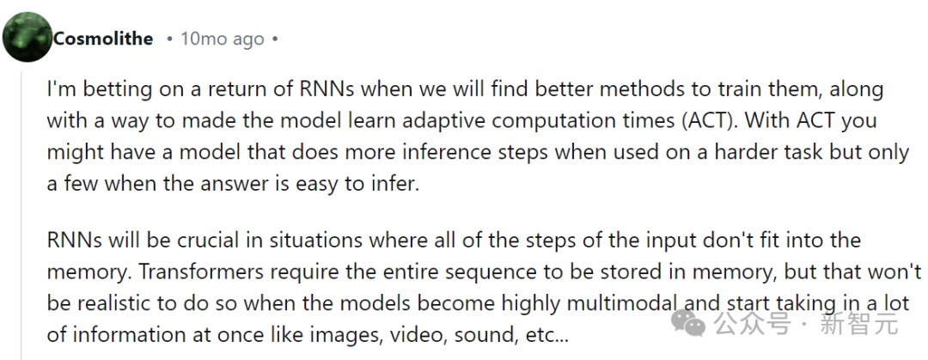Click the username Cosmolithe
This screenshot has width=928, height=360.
103,39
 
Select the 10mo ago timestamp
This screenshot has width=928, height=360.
222,39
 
